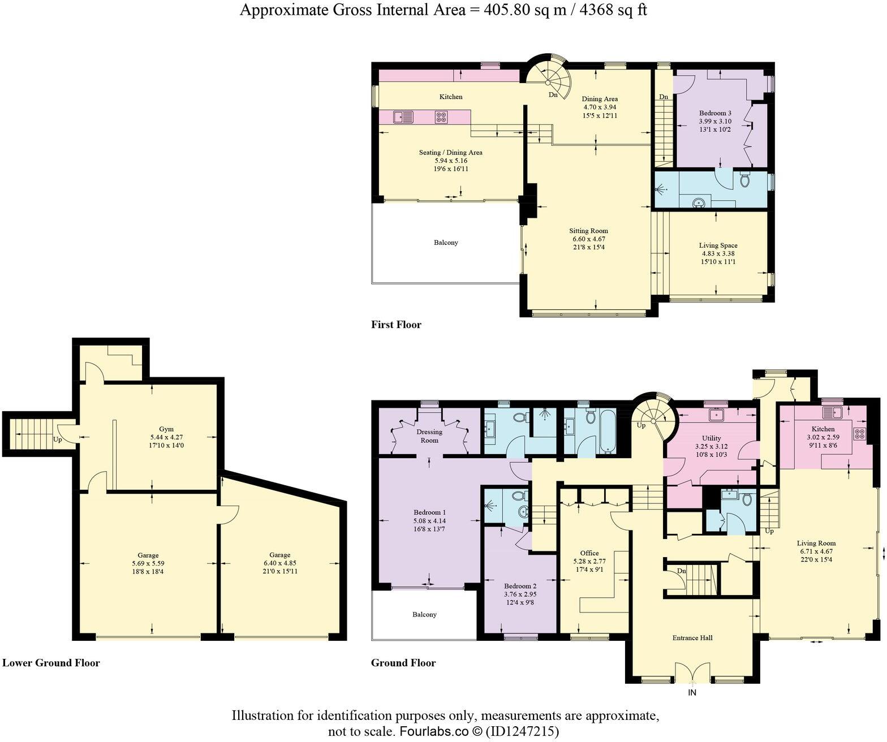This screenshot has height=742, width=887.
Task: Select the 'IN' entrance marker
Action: [x=692, y=692]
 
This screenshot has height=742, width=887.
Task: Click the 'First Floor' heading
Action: [x=396, y=325]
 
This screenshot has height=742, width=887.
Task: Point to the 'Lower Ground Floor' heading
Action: [x=51, y=663]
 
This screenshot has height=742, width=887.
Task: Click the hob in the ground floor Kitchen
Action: [x=860, y=434]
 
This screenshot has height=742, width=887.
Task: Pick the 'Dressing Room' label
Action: [x=429, y=436]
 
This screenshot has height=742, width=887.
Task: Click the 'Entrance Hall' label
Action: [x=692, y=638]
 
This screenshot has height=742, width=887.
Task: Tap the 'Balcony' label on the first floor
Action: [x=446, y=243]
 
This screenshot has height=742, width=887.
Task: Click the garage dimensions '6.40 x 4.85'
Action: [x=279, y=563]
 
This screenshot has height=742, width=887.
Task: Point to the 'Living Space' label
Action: [x=718, y=245]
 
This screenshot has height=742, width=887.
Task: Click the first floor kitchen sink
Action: [x=404, y=117]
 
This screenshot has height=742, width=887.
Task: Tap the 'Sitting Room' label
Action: [x=588, y=231]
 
